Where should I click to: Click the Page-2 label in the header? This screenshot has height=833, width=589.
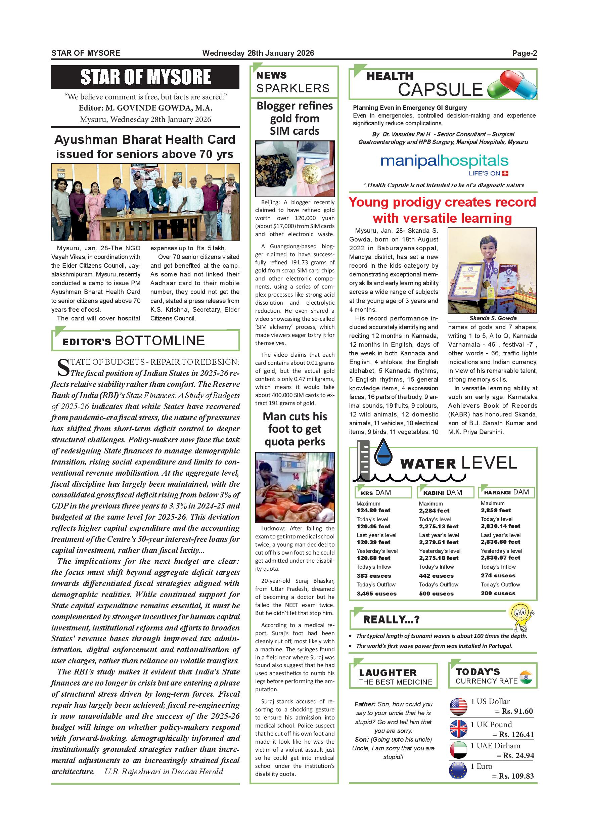pos(524,53)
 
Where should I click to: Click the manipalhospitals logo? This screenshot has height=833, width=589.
pos(444,162)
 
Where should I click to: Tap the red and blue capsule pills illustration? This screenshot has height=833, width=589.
pos(512,85)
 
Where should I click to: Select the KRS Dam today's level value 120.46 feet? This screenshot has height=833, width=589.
pos(373,526)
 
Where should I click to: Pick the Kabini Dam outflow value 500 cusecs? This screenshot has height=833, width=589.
pos(436,594)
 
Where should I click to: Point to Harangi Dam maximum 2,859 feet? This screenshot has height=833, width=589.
pos(496,510)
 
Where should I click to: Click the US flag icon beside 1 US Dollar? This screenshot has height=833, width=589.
pos(458,706)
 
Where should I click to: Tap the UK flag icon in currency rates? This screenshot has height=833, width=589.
pos(458,728)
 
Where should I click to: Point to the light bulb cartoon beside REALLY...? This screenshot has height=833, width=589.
pos(522,617)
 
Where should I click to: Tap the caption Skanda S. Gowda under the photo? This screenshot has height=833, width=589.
pos(492,318)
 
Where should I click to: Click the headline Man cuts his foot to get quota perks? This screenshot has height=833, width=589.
pos(294,429)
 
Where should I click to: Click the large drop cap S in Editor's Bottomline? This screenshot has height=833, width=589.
pos(63,367)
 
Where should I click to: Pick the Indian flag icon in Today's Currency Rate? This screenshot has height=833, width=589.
pos(526,677)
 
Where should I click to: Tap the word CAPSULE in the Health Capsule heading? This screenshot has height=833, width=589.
pos(440,90)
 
